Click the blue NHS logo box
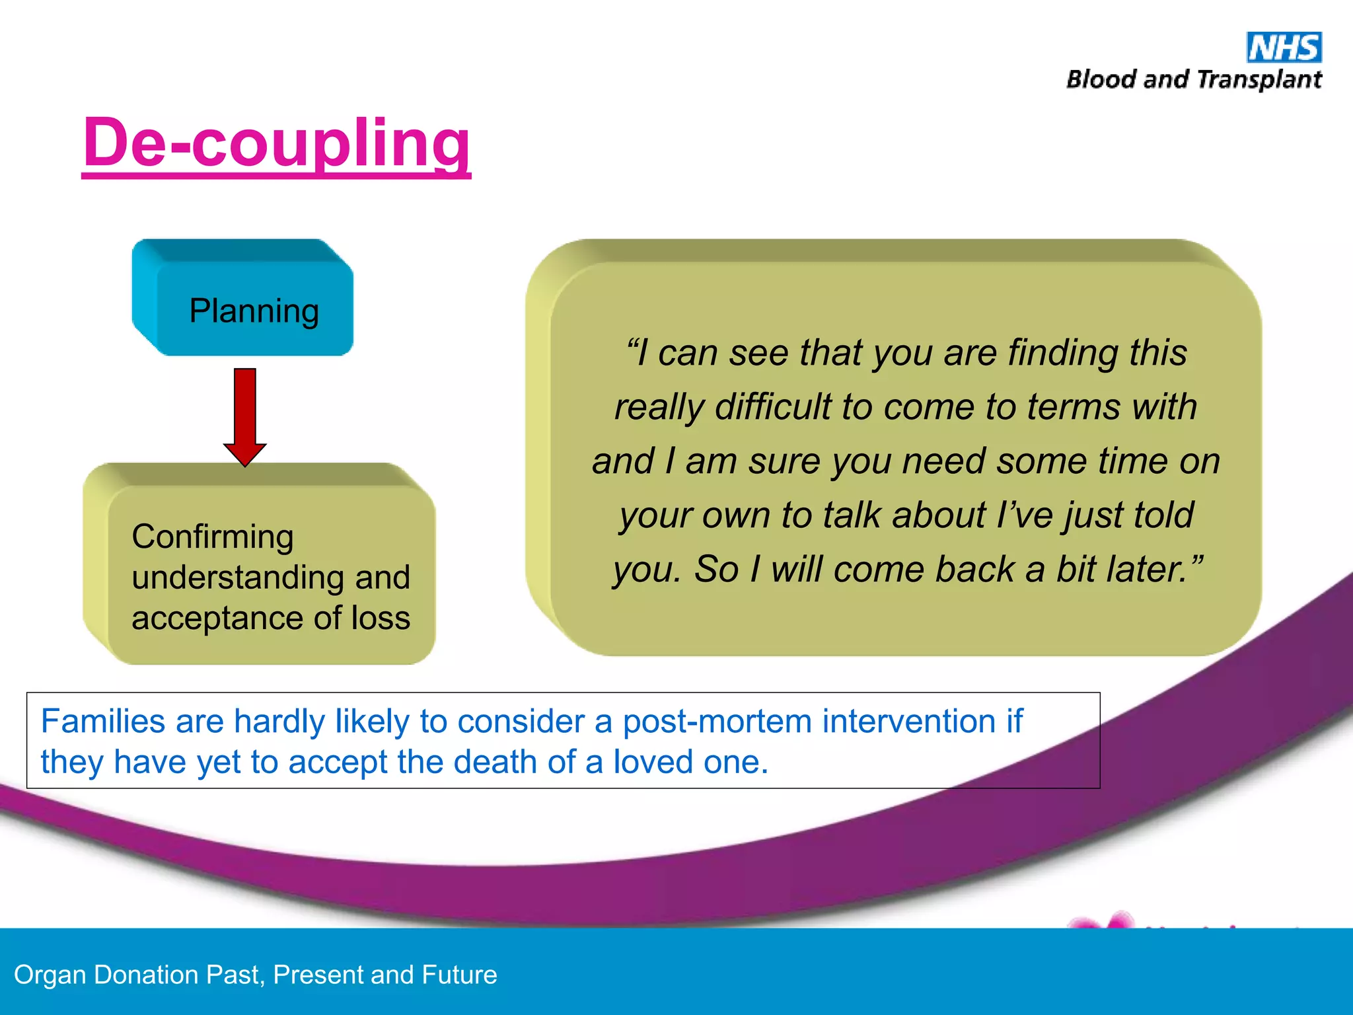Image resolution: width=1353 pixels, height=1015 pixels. point(1284,48)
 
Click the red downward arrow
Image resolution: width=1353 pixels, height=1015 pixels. point(245,416)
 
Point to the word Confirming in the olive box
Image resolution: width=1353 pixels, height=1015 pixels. point(213,536)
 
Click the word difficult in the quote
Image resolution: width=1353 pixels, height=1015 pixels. point(773,406)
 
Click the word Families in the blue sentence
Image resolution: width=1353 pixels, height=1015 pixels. point(103,721)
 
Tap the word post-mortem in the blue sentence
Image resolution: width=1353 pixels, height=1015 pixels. point(717,721)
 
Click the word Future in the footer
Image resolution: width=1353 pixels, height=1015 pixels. point(459,975)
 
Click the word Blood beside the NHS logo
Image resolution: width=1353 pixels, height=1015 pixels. point(1101,79)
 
